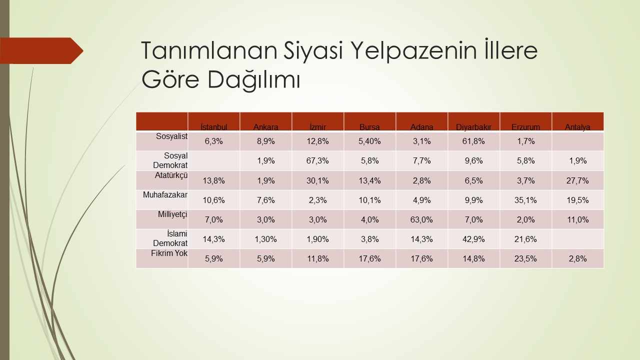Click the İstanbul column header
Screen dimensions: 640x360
pyautogui.click(x=213, y=127)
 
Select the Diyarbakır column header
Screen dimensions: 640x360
pyautogui.click(x=473, y=127)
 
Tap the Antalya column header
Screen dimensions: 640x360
pyautogui.click(x=577, y=127)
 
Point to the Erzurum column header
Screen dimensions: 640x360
pyautogui.click(x=525, y=127)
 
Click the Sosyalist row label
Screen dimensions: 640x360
pyautogui.click(x=171, y=136)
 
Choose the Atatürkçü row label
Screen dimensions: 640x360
pyautogui.click(x=171, y=175)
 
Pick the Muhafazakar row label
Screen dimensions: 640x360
pyautogui.click(x=165, y=195)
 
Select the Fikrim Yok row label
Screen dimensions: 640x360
pyautogui.click(x=169, y=253)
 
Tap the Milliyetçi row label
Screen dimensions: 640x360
pyautogui.click(x=172, y=214)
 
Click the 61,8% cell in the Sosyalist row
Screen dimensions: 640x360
pyautogui.click(x=473, y=141)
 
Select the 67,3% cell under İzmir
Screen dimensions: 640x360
pyautogui.click(x=317, y=160)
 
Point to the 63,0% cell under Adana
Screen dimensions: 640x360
pyautogui.click(x=421, y=219)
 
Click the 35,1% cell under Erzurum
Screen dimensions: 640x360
pyautogui.click(x=525, y=200)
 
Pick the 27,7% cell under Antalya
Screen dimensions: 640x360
pyautogui.click(x=577, y=180)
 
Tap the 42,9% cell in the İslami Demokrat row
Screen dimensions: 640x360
pyautogui.click(x=473, y=239)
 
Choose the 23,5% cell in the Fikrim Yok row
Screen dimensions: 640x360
pyautogui.click(x=525, y=258)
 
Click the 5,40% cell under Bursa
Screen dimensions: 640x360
pyautogui.click(x=369, y=141)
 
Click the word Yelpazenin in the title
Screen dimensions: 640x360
pyautogui.click(x=413, y=51)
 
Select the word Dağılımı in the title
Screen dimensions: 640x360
pyautogui.click(x=253, y=80)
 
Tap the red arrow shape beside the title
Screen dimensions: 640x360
pyautogui.click(x=41, y=50)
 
